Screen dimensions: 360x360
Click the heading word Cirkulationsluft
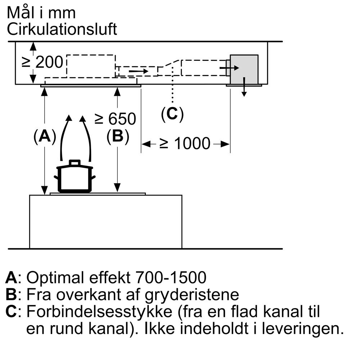tap(62, 30)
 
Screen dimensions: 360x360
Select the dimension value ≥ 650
tap(115, 118)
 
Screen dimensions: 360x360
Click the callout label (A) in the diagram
tap(45, 137)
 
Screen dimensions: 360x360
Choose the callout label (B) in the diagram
tap(118, 137)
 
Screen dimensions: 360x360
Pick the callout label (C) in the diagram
tap(172, 114)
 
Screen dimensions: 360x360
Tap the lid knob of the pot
tap(75, 163)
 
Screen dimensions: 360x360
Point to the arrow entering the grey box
tap(229, 68)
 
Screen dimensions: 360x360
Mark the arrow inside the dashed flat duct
tap(138, 71)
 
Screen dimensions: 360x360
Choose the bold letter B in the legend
tap(12, 295)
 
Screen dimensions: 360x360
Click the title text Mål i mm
tap(41, 13)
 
